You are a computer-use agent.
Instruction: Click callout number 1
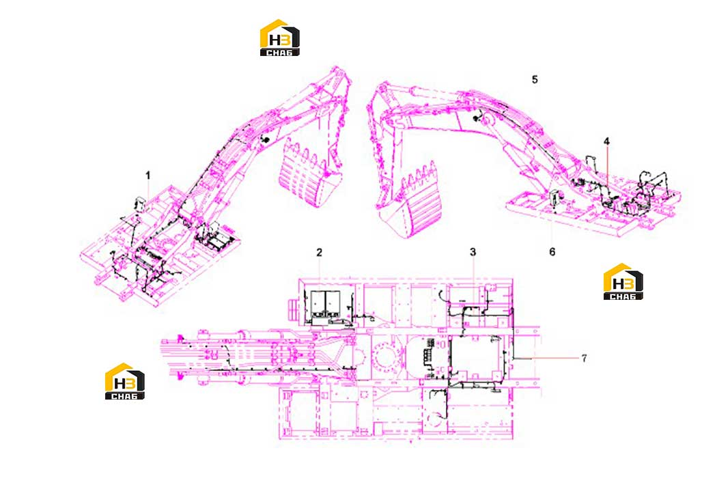[x=148, y=176]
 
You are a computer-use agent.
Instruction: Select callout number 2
[x=319, y=253]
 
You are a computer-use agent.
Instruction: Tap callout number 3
[x=473, y=253]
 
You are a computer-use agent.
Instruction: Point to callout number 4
[x=606, y=141]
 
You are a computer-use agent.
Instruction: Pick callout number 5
[x=535, y=79]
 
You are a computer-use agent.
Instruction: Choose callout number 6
[x=552, y=252]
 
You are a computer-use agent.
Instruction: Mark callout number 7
[x=585, y=358]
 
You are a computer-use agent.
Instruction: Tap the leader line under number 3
[x=473, y=283]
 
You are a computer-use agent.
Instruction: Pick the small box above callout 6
[x=555, y=197]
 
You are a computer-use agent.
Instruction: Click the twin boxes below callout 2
[x=324, y=303]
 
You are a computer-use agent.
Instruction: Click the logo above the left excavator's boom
[x=280, y=38]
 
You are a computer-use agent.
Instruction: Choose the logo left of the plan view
[x=125, y=381]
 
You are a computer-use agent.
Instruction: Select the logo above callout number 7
[x=623, y=281]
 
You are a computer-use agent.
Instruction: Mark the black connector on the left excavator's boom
[x=265, y=140]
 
